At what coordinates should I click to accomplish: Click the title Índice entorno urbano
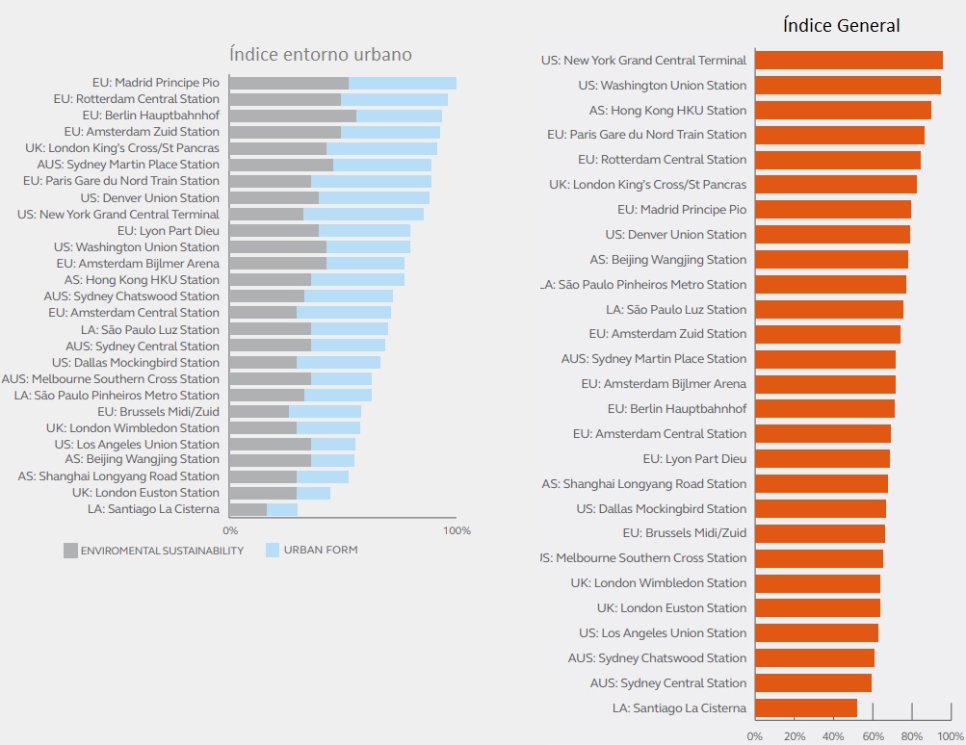tap(321, 55)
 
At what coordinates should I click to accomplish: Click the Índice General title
tap(842, 26)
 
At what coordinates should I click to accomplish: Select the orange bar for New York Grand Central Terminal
tap(849, 61)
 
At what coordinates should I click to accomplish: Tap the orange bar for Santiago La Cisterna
tap(805, 707)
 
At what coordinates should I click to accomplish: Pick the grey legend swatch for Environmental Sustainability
tap(70, 551)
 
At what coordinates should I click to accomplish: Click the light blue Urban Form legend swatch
tap(273, 551)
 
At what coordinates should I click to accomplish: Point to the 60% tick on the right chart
tap(873, 736)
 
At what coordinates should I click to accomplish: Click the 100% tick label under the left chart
tap(457, 530)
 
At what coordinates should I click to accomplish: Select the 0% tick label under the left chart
tap(230, 530)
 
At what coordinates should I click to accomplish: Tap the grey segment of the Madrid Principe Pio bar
tap(289, 84)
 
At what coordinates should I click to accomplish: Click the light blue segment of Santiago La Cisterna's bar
tap(282, 509)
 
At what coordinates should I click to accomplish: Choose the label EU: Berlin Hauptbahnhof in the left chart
tap(151, 116)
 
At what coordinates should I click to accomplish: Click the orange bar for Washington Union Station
tap(848, 86)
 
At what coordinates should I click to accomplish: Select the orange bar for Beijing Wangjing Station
tap(831, 259)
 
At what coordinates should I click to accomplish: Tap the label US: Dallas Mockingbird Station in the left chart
tap(136, 363)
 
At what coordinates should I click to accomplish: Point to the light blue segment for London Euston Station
tap(313, 493)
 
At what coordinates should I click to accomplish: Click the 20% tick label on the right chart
tap(795, 736)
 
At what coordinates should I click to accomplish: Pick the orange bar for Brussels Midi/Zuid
tap(820, 533)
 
